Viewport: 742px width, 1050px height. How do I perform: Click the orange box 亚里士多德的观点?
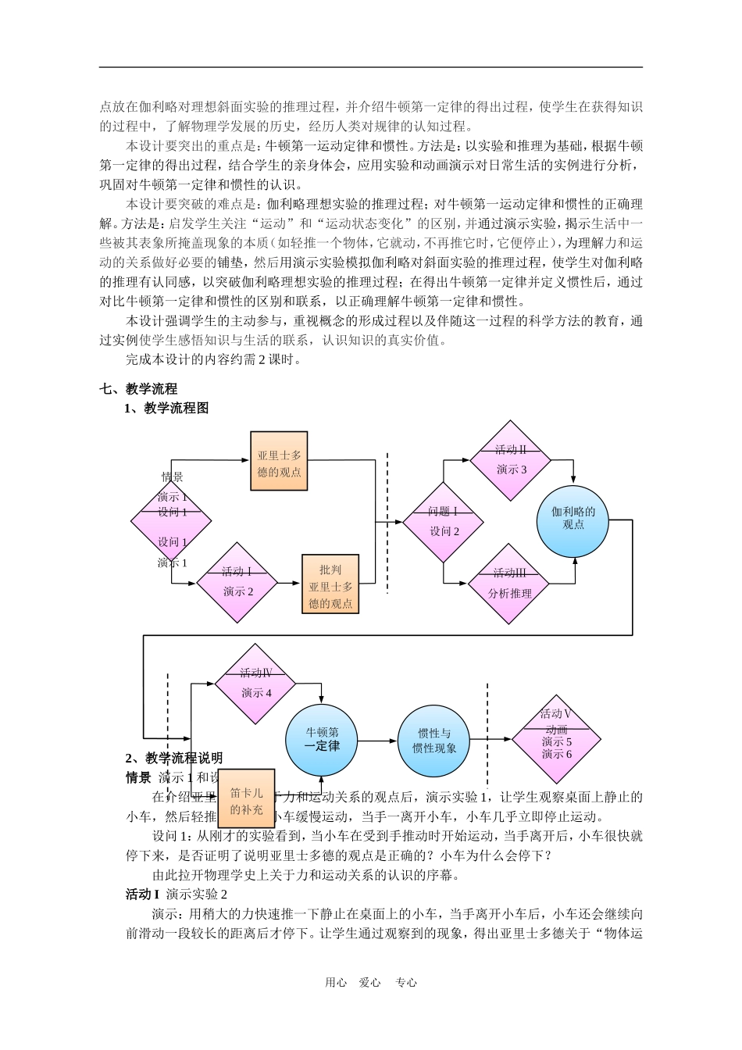click(279, 461)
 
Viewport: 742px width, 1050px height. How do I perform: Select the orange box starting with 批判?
click(330, 584)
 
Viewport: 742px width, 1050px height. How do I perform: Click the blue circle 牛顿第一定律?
click(322, 739)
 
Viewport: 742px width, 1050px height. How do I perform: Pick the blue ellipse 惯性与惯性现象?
click(434, 741)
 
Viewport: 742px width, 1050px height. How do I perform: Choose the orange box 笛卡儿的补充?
click(246, 798)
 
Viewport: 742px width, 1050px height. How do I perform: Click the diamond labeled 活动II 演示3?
click(511, 461)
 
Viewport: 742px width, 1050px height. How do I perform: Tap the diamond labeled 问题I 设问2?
click(443, 522)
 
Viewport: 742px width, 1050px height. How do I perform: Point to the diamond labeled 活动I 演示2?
click(237, 583)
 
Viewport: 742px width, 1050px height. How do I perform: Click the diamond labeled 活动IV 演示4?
click(255, 684)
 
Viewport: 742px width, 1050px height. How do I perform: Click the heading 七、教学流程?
click(138, 388)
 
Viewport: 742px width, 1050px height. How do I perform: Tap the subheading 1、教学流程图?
click(166, 408)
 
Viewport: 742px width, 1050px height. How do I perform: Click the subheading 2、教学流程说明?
click(173, 758)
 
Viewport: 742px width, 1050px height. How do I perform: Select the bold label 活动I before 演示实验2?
click(142, 894)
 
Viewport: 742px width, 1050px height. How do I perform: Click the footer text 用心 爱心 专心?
click(371, 983)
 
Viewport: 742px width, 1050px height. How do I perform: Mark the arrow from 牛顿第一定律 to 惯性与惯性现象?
click(377, 740)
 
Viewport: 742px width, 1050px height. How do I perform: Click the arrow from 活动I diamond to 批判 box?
click(290, 583)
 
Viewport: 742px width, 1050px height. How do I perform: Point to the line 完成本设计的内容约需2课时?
click(213, 359)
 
